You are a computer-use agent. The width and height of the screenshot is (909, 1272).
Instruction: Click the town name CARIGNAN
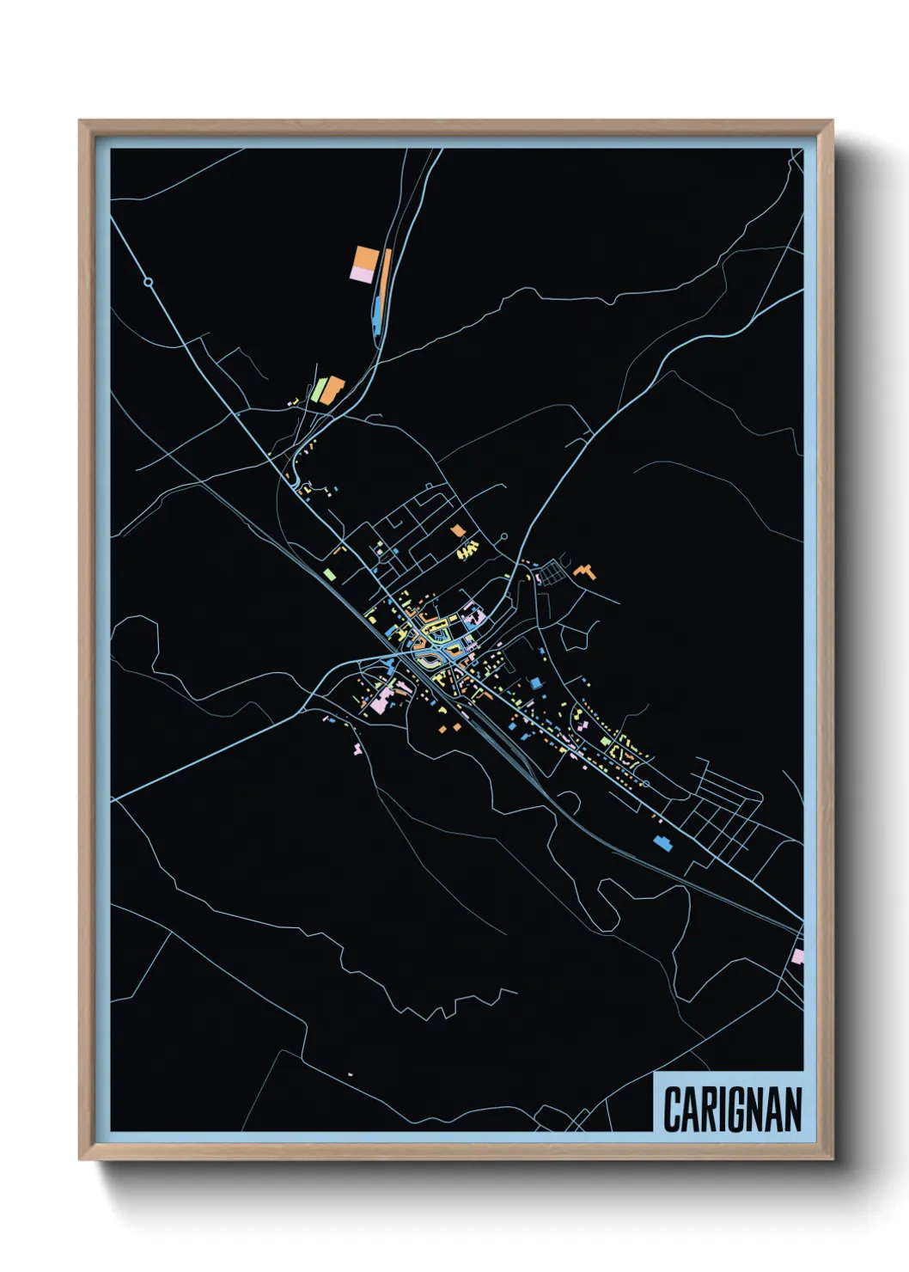[x=733, y=1108]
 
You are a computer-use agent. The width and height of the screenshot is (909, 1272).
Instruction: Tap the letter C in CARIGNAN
[x=671, y=1109]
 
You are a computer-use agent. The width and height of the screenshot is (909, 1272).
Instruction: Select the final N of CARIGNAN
[x=793, y=1109]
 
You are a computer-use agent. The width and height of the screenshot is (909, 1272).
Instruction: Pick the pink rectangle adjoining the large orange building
[x=362, y=274]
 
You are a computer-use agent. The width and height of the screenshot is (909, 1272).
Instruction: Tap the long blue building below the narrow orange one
[x=377, y=313]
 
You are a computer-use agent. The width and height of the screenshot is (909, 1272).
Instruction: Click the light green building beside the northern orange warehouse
[x=320, y=389]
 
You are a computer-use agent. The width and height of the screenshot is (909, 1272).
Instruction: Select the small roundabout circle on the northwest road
[x=148, y=282]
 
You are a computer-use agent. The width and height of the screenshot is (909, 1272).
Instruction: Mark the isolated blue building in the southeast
[x=662, y=842]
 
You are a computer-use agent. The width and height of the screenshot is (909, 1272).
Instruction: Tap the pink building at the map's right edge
[x=798, y=957]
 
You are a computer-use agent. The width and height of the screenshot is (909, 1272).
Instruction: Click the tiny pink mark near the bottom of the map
[x=350, y=1074]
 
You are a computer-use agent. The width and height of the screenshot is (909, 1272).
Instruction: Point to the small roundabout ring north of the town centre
[x=503, y=538]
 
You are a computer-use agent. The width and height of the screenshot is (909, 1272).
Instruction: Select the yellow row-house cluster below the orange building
[x=467, y=549]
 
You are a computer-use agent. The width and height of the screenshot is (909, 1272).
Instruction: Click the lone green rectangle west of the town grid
[x=328, y=573]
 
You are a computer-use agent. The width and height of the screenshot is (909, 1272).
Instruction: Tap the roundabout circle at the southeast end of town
[x=645, y=784]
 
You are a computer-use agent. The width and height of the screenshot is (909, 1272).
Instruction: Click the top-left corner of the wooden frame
[x=80, y=121]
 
